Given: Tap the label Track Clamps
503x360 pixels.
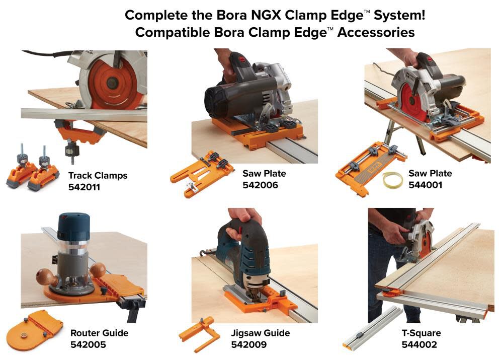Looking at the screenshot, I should tap(98, 176).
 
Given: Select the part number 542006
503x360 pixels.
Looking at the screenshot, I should tap(260, 185).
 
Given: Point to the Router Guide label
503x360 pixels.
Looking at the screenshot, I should tap(99, 333).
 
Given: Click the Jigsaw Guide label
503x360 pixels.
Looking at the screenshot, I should tap(261, 333).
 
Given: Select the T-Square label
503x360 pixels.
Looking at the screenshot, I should tap(421, 333).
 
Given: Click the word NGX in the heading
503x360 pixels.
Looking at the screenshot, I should tap(259, 15).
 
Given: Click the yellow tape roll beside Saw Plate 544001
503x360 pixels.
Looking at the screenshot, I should tap(392, 179).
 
